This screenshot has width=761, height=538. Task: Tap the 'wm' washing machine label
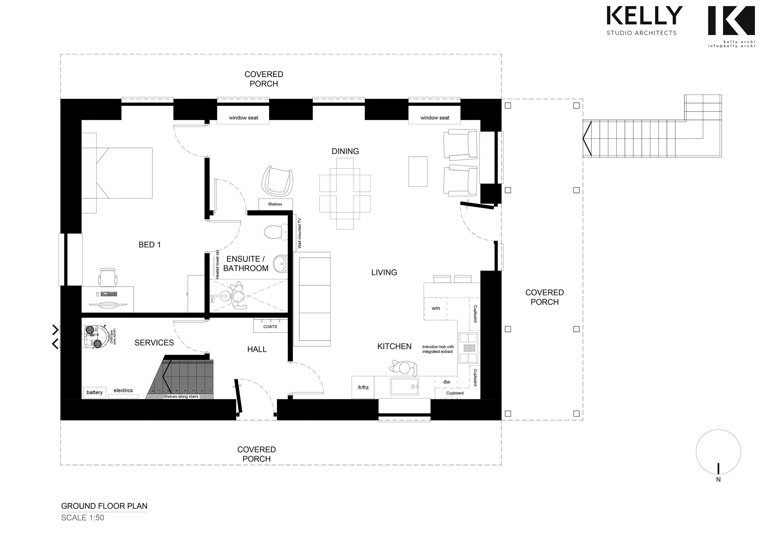tap(436, 309)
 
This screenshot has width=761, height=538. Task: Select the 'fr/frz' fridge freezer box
tap(363, 387)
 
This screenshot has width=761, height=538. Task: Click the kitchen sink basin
tap(404, 387)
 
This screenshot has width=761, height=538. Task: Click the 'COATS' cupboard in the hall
tap(270, 326)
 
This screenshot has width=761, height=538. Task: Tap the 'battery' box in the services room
tap(94, 392)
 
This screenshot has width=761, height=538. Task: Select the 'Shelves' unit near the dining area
tap(275, 204)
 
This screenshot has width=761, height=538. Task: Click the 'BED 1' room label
tap(150, 245)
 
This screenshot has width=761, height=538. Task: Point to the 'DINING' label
tap(345, 151)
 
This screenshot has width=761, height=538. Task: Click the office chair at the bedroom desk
tap(108, 277)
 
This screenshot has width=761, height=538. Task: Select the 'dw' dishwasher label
tap(447, 382)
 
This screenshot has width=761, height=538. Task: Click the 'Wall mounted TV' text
tap(299, 233)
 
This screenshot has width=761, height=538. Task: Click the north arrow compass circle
tap(718, 452)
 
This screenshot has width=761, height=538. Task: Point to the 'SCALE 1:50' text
tap(82, 518)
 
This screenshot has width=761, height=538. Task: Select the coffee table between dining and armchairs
tap(418, 171)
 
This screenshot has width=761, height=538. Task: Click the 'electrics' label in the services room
tap(123, 390)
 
